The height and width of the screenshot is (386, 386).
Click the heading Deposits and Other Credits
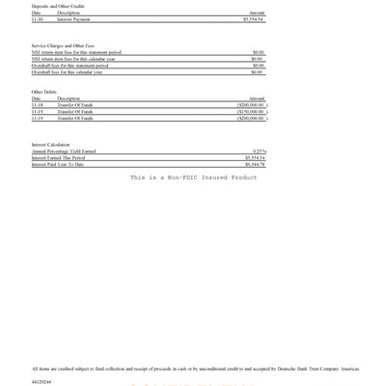pos(58,6)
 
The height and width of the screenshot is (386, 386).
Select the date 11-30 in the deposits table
pos(37,18)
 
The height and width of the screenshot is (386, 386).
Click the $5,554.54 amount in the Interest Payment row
pos(253,18)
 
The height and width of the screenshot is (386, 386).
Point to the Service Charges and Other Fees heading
pos(65,45)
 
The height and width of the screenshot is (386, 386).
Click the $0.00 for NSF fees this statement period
pos(258,52)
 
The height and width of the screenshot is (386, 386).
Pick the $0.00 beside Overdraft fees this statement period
pos(258,66)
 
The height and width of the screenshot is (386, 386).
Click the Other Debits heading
pos(44,92)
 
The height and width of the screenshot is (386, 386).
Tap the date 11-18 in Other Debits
pos(37,105)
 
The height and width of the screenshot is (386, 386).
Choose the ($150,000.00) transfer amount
pos(250,112)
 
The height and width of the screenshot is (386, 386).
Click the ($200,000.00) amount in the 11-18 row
pos(250,105)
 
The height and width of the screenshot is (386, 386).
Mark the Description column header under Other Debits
pos(69,98)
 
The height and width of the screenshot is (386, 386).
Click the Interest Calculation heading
pos(51,145)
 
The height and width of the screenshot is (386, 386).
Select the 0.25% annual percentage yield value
pos(259,152)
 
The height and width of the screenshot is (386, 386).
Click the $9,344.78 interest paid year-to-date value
pos(254,165)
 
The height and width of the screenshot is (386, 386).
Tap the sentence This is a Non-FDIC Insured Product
pos(193,178)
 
